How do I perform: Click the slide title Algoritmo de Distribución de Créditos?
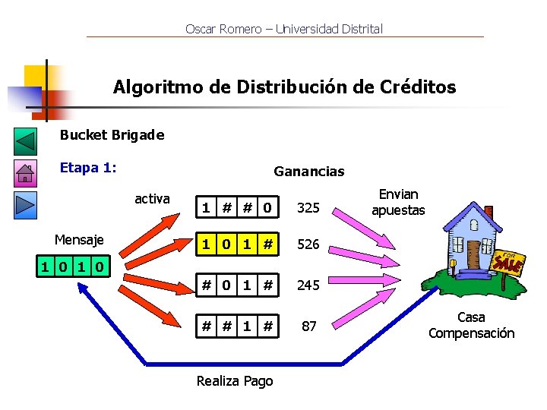point(284,87)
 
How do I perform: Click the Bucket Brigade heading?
point(112,135)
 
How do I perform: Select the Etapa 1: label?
point(88,168)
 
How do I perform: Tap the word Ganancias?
point(308,172)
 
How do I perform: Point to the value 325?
point(308,207)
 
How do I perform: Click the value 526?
point(308,244)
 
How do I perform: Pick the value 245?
point(308,285)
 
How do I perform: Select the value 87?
point(308,326)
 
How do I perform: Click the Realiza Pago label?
point(234,381)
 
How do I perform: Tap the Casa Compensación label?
point(471,326)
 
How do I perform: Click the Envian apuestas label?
point(398,203)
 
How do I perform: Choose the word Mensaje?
point(79,240)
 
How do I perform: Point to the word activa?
point(152,199)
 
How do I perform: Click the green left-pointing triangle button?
point(26,141)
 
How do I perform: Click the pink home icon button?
point(25,173)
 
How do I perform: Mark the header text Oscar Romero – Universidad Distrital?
point(284,29)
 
